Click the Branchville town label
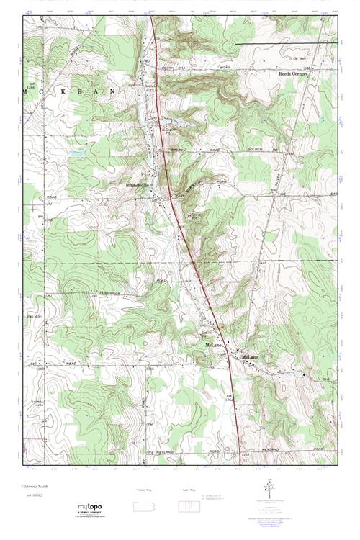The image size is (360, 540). pos(137,184)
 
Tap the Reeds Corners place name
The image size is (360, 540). pos(293,73)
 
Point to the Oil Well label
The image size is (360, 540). pos(300,58)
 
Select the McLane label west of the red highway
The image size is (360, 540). pos(214,346)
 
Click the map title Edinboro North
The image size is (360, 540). pos(34,486)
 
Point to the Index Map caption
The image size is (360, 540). pos(187,488)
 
